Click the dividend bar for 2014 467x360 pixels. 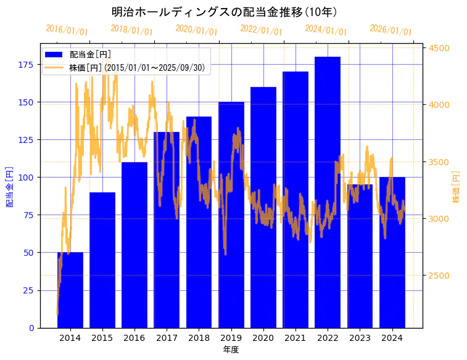coord(70,290)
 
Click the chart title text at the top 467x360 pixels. coord(224,12)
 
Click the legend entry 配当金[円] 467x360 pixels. coord(90,55)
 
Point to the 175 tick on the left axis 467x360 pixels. coord(27,65)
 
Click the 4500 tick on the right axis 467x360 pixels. coord(440,48)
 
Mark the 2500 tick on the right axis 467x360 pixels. coord(440,276)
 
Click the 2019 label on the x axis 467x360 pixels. coord(231,338)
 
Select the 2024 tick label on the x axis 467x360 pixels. coord(392,338)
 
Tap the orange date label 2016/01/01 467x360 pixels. coord(67,30)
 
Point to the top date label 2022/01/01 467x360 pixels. coord(261,30)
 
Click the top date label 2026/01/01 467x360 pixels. coord(391,30)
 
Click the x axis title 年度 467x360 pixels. coord(231,350)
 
